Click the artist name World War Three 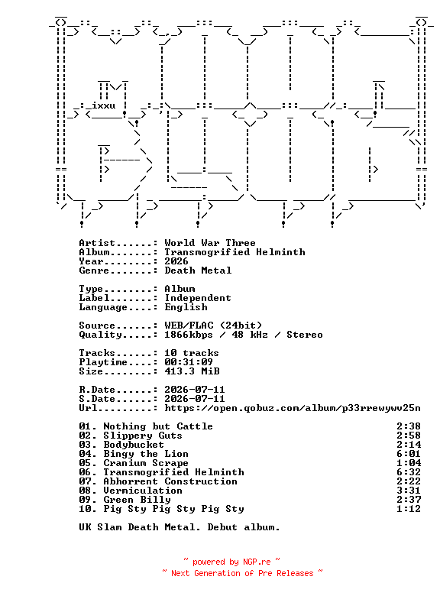210,243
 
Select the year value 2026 176,261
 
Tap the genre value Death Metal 198,270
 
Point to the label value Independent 198,298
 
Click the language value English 186,307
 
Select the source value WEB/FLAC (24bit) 213,326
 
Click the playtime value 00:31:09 189,362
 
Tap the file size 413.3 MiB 192,371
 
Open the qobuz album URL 293,408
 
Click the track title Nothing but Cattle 158,426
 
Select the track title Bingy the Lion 146,454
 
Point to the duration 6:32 409,472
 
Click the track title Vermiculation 143,491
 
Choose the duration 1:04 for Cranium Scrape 409,463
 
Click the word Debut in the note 222,527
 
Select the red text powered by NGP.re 231,562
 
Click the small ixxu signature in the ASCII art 104,105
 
